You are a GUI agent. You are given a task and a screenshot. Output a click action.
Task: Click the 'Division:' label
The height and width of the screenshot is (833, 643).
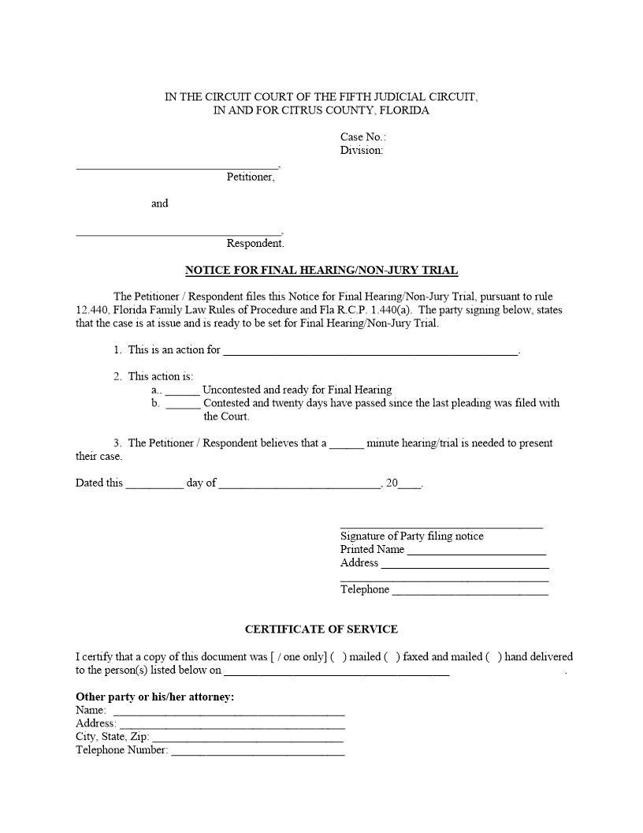pos(362,150)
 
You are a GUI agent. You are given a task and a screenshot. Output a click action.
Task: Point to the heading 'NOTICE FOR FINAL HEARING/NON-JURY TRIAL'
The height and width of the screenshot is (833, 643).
pos(321,271)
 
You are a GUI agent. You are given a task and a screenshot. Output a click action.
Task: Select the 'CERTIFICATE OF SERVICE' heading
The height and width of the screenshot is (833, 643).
pos(321,629)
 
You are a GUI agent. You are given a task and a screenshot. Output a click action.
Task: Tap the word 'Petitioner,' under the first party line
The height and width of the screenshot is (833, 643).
pos(251,177)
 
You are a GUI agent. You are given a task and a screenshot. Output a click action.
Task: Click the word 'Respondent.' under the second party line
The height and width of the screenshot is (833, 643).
pos(255,244)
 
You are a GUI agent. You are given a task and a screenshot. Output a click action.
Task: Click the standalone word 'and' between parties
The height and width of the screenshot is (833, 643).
pos(160,204)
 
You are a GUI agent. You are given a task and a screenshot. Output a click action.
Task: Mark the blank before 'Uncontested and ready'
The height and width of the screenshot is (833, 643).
pos(182,390)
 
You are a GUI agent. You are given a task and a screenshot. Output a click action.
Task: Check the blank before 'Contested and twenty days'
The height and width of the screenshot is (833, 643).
pos(183,404)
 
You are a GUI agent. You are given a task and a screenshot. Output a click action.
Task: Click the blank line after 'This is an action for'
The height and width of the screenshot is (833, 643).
pos(370,351)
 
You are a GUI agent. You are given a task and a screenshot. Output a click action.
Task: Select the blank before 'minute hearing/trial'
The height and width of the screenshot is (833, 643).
pos(347,444)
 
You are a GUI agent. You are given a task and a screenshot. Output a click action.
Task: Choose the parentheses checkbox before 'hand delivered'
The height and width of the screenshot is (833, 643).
pos(493,657)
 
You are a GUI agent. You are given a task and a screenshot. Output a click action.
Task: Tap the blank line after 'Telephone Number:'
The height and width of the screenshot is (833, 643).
pos(258,752)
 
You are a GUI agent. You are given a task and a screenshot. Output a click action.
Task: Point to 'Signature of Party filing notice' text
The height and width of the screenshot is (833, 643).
pos(412,536)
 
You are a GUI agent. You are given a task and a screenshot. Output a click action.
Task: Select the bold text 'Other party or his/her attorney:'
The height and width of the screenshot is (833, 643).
pos(154,697)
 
